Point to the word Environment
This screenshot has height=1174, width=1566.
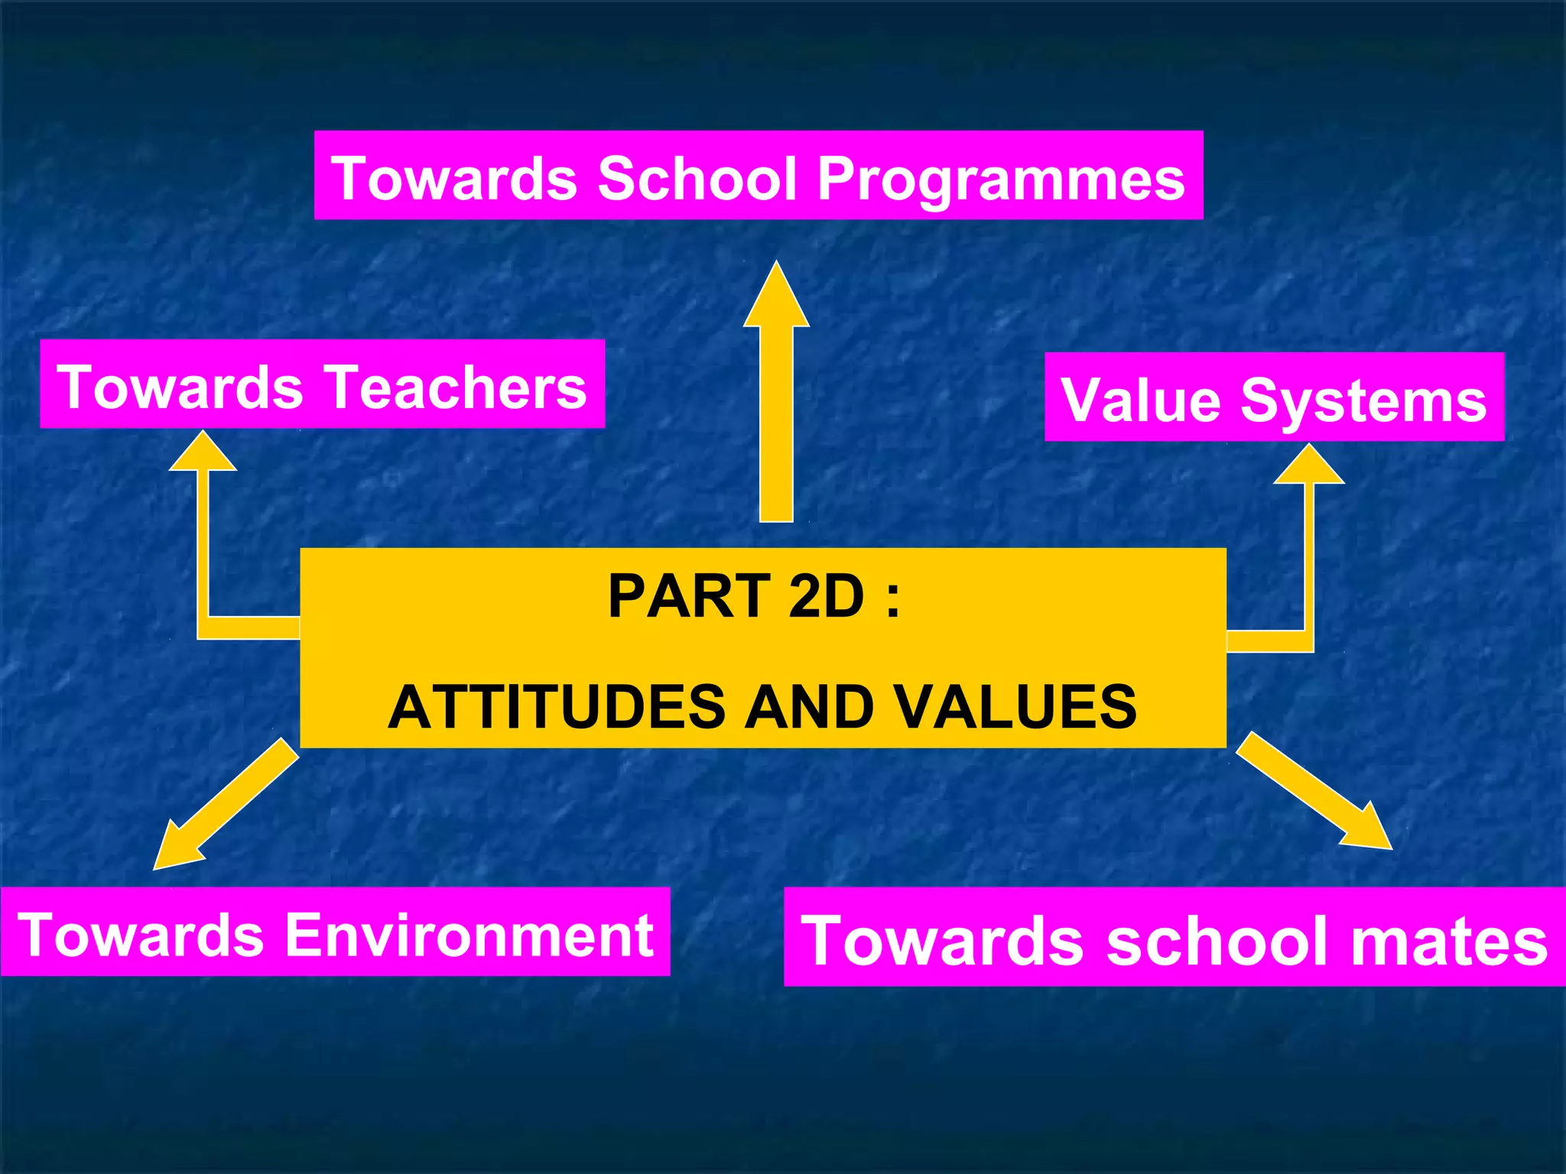tap(469, 935)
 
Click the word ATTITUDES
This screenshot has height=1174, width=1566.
tap(557, 707)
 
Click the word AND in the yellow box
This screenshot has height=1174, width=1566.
tap(809, 707)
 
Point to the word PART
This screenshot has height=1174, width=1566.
tap(688, 596)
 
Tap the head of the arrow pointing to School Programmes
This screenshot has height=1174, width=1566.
tap(776, 298)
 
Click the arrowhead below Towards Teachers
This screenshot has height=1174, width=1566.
tap(203, 452)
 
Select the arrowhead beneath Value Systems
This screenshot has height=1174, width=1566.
tap(1308, 466)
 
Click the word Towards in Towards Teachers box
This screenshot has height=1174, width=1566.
tap(180, 388)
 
